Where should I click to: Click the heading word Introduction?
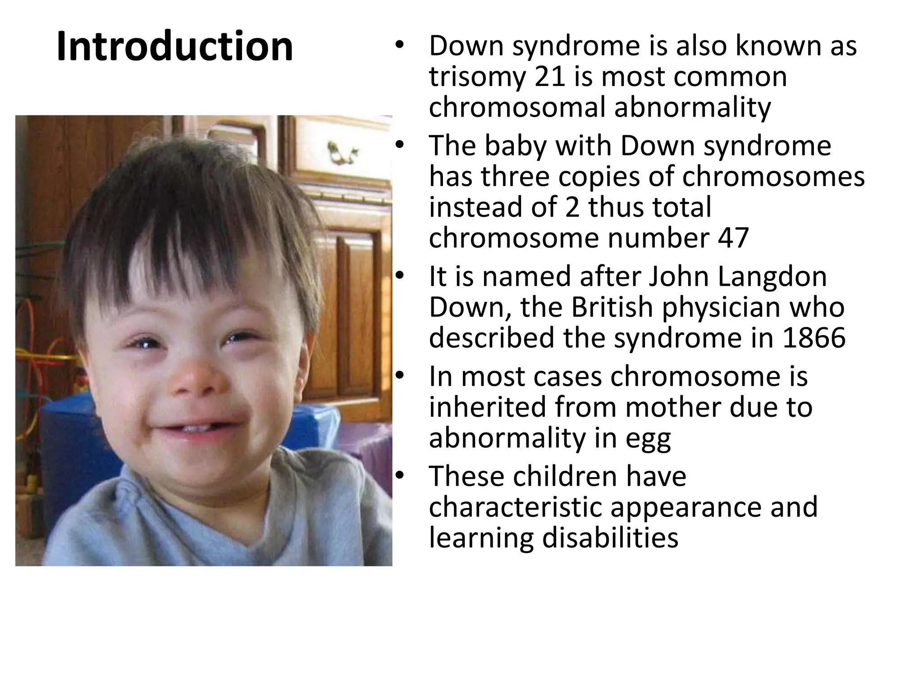175,46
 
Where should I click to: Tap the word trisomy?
477,77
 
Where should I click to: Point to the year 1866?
814,338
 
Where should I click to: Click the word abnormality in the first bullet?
692,108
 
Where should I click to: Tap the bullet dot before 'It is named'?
399,275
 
